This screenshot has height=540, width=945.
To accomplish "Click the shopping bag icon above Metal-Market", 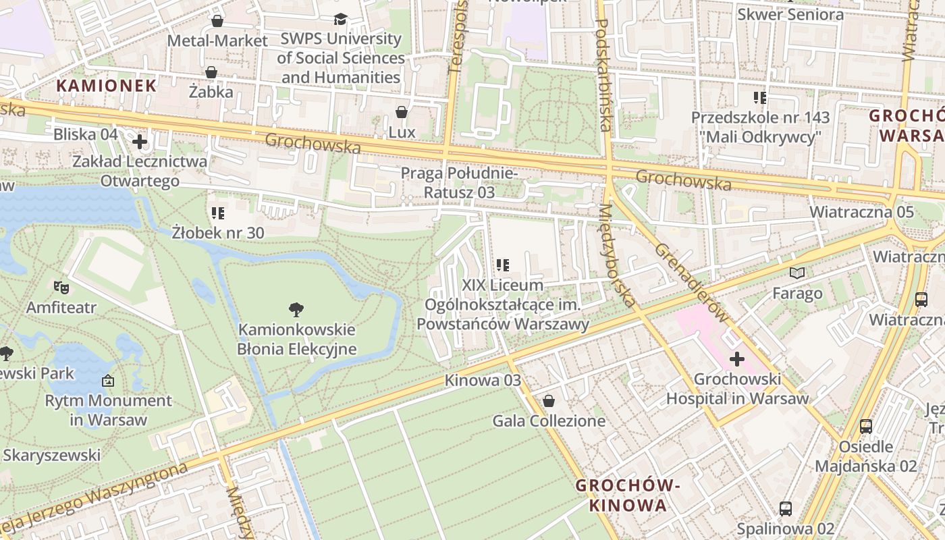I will [217, 21].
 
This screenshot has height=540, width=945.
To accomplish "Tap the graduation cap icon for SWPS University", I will [341, 20].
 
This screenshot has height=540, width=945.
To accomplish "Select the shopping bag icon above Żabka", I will [211, 72].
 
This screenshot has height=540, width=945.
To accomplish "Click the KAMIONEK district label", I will [107, 86].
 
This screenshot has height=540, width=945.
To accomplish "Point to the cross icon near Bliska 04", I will [140, 142].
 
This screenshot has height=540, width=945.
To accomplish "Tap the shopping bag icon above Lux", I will [402, 112].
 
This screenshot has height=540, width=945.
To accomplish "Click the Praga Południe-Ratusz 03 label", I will [460, 183].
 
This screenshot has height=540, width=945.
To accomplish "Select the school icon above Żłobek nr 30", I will [218, 214].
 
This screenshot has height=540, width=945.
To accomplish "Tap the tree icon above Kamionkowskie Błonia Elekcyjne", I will [296, 310].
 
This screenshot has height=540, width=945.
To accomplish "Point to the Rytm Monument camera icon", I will [108, 381].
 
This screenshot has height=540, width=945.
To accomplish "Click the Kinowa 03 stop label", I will [483, 380].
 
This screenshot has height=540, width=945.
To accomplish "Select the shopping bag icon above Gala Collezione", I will [549, 402].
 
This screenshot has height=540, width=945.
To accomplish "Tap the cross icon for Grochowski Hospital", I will [737, 359].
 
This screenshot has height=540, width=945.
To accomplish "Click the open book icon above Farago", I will [797, 273].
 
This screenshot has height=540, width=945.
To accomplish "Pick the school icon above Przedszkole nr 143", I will [760, 98].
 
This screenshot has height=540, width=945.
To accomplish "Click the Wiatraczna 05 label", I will [861, 212].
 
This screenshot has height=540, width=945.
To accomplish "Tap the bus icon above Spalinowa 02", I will [785, 508].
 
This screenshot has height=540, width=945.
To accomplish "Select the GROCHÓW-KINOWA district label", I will [627, 495].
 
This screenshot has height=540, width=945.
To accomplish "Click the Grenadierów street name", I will [692, 282].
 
